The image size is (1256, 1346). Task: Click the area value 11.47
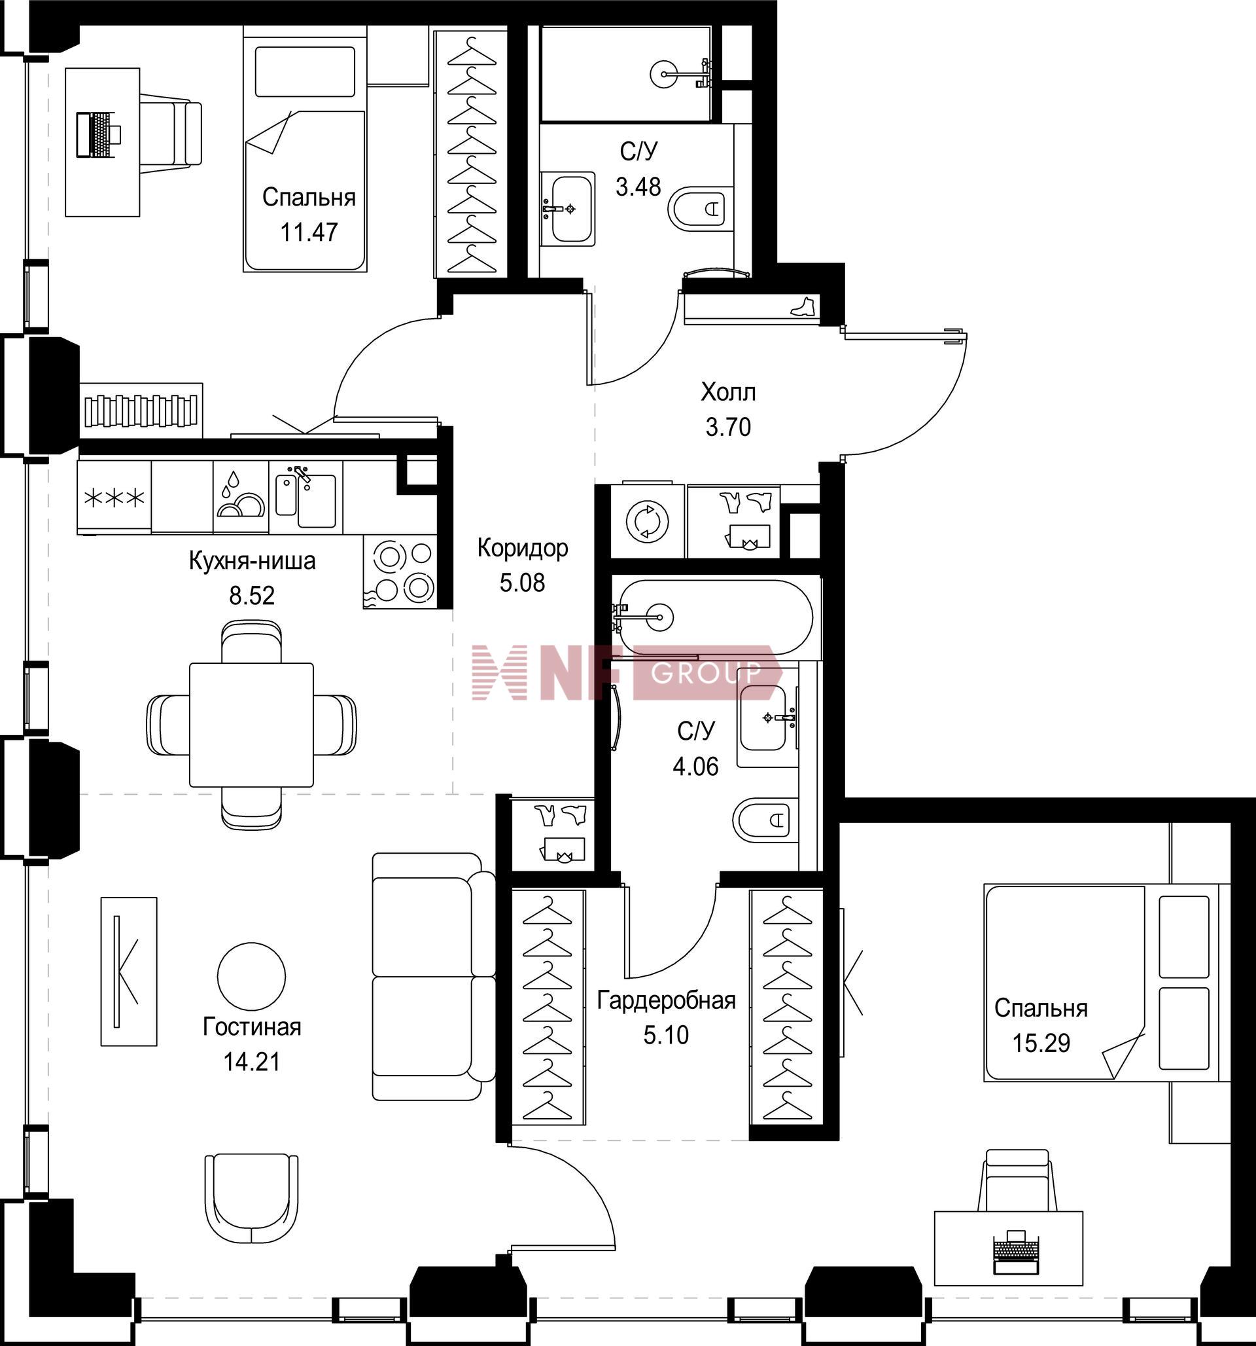click(x=309, y=232)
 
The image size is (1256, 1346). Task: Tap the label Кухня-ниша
click(x=252, y=561)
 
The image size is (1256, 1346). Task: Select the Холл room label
click(x=728, y=392)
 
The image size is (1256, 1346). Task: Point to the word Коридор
click(x=523, y=548)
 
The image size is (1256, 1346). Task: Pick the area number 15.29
click(x=1041, y=1044)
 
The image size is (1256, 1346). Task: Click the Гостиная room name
click(x=252, y=1027)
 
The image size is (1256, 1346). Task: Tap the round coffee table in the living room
click(x=252, y=975)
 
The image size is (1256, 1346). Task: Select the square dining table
click(x=252, y=725)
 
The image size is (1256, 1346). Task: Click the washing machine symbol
click(x=648, y=522)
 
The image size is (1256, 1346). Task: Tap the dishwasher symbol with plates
click(x=241, y=498)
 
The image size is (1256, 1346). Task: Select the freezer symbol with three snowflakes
click(x=114, y=498)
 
